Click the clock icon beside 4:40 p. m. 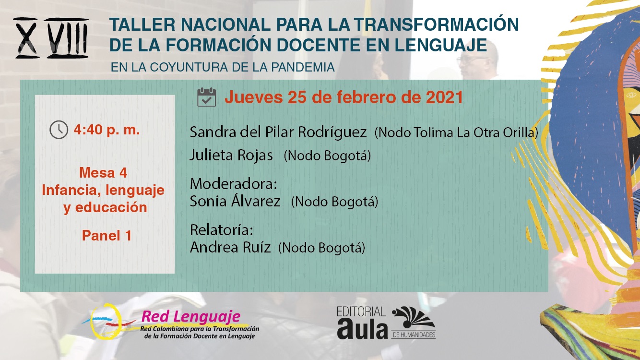(59, 130)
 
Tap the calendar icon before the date (207, 97)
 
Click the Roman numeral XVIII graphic (51, 38)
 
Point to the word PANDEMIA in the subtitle (303, 67)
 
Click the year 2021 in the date (444, 97)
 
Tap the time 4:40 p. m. (107, 130)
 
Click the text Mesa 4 (103, 173)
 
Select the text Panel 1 (107, 236)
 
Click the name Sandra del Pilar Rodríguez (278, 132)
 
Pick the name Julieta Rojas (231, 155)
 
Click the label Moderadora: (234, 184)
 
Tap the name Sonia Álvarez (235, 201)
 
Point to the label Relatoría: (222, 229)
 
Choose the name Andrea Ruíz (230, 247)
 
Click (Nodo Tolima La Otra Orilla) (456, 132)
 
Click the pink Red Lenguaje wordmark (191, 316)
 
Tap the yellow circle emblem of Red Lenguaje (106, 322)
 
